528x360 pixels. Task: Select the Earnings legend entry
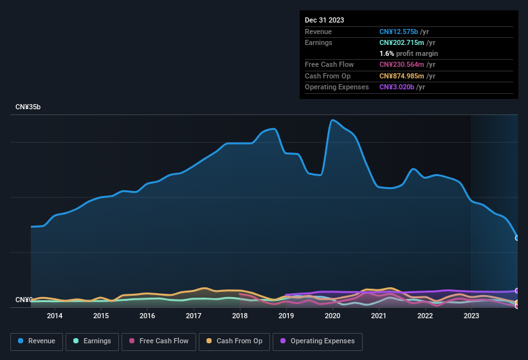coord(93,341)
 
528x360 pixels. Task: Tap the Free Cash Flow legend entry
coord(159,341)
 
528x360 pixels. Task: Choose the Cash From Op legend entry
coord(235,341)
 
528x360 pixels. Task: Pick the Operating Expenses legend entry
coord(318,341)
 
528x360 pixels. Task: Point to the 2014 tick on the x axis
coord(55,316)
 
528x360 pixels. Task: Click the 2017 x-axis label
coord(194,316)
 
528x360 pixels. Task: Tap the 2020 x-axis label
coord(332,316)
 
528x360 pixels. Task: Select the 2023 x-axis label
coord(471,316)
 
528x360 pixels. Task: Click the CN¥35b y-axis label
coord(28,107)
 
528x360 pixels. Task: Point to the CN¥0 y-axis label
coord(24,300)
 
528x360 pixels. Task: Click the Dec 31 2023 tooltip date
coord(324,20)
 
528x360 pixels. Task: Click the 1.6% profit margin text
coord(408,53)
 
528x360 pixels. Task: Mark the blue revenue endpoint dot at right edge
coord(517,238)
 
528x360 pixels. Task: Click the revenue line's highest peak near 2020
coord(332,120)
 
